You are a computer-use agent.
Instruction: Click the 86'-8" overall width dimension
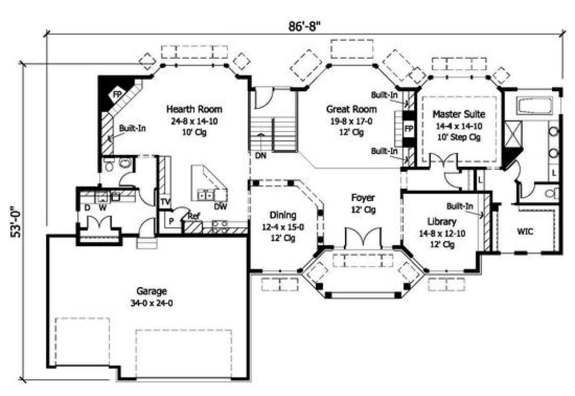(x=304, y=26)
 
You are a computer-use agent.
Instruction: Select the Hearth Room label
(x=194, y=109)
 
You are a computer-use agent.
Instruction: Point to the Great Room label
(x=351, y=109)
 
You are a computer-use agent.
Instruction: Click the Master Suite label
(x=459, y=114)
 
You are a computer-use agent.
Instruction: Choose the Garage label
(x=152, y=291)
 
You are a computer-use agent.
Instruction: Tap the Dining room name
(x=283, y=215)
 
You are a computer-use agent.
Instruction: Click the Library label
(x=442, y=222)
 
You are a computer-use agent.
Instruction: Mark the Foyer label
(x=363, y=198)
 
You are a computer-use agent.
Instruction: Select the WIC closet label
(x=525, y=231)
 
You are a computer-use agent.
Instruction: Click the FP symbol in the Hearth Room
(x=117, y=95)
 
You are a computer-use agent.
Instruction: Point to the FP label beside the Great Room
(x=409, y=129)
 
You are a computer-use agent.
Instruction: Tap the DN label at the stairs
(x=261, y=156)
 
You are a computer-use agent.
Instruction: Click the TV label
(x=166, y=202)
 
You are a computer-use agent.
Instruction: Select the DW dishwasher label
(x=220, y=206)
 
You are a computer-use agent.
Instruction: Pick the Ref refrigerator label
(x=194, y=216)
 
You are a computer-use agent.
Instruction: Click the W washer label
(x=103, y=207)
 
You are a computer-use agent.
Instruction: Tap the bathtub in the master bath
(x=536, y=106)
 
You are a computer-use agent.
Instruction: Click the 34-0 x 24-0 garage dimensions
(x=151, y=303)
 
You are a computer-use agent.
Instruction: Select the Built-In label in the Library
(x=460, y=206)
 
